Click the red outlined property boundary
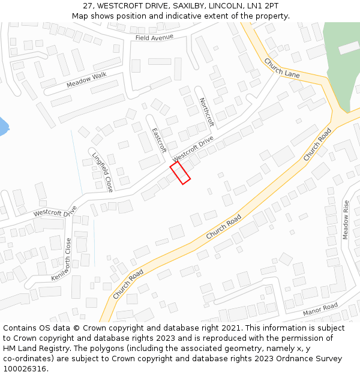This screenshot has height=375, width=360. [x=180, y=172]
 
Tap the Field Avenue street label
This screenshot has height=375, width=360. [x=154, y=37]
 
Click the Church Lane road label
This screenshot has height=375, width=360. [x=281, y=68]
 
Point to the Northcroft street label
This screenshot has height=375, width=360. [x=206, y=112]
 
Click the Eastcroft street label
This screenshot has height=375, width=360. [x=158, y=140]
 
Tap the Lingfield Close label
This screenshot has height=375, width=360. [x=103, y=172]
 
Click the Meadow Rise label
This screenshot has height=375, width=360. [x=346, y=220]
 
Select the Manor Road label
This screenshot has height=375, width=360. [x=320, y=309]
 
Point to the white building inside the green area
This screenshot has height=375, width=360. [x=349, y=47]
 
